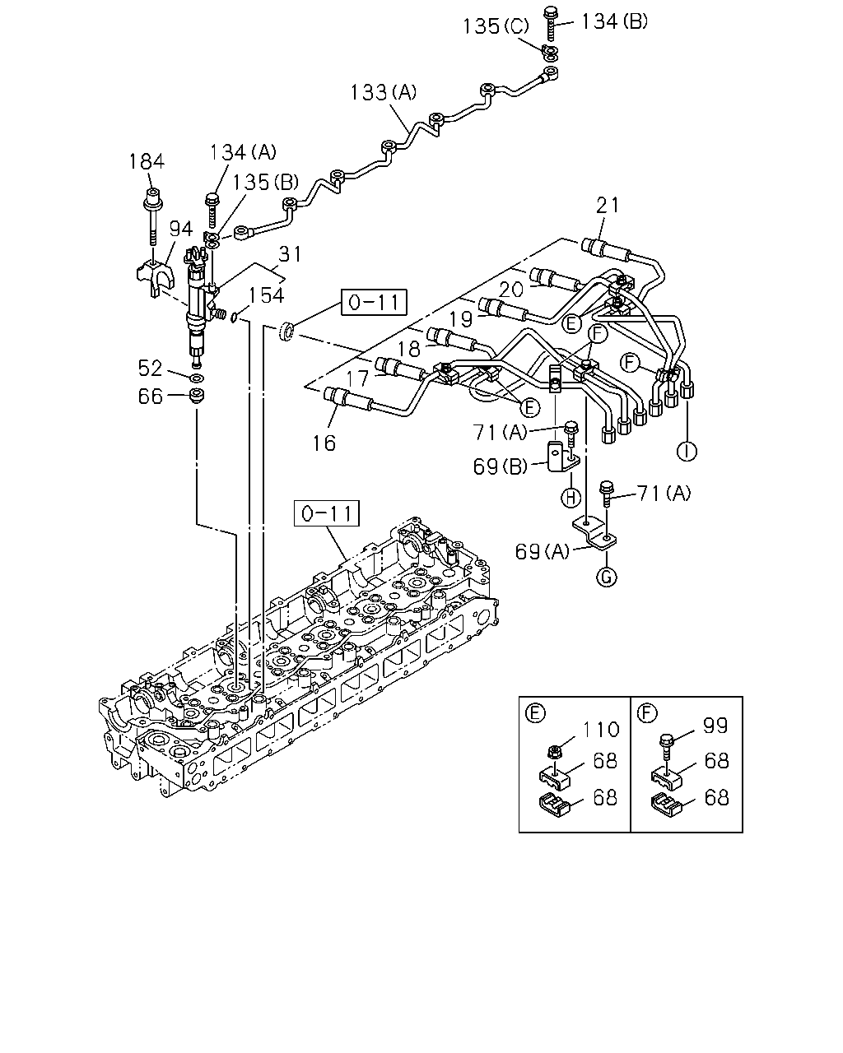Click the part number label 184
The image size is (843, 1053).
[x=147, y=161]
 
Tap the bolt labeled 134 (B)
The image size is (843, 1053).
[x=552, y=23]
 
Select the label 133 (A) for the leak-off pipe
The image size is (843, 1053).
[x=384, y=92]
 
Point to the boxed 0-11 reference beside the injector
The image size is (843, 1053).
[x=374, y=303]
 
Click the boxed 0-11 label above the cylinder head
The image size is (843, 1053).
[x=327, y=513]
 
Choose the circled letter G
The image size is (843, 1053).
[x=607, y=578]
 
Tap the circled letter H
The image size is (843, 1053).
[x=571, y=499]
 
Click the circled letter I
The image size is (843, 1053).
[x=687, y=451]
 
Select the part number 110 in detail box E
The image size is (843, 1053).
[x=601, y=730]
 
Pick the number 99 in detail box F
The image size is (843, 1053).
[x=715, y=726]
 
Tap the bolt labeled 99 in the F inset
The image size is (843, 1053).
[x=666, y=747]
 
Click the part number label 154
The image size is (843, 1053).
[x=267, y=295]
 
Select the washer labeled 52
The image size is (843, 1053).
[x=197, y=378]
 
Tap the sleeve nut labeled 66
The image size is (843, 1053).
[x=197, y=395]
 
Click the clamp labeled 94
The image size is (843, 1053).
[x=156, y=278]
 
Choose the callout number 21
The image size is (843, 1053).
[x=608, y=205]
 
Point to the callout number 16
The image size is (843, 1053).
[x=324, y=443]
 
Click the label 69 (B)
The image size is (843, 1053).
[x=500, y=466]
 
